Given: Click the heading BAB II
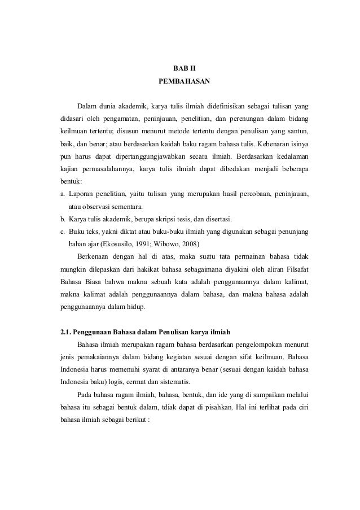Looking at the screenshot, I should tap(184, 68).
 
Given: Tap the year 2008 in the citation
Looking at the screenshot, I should tap(187, 245).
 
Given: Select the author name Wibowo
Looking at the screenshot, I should tap(164, 245).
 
